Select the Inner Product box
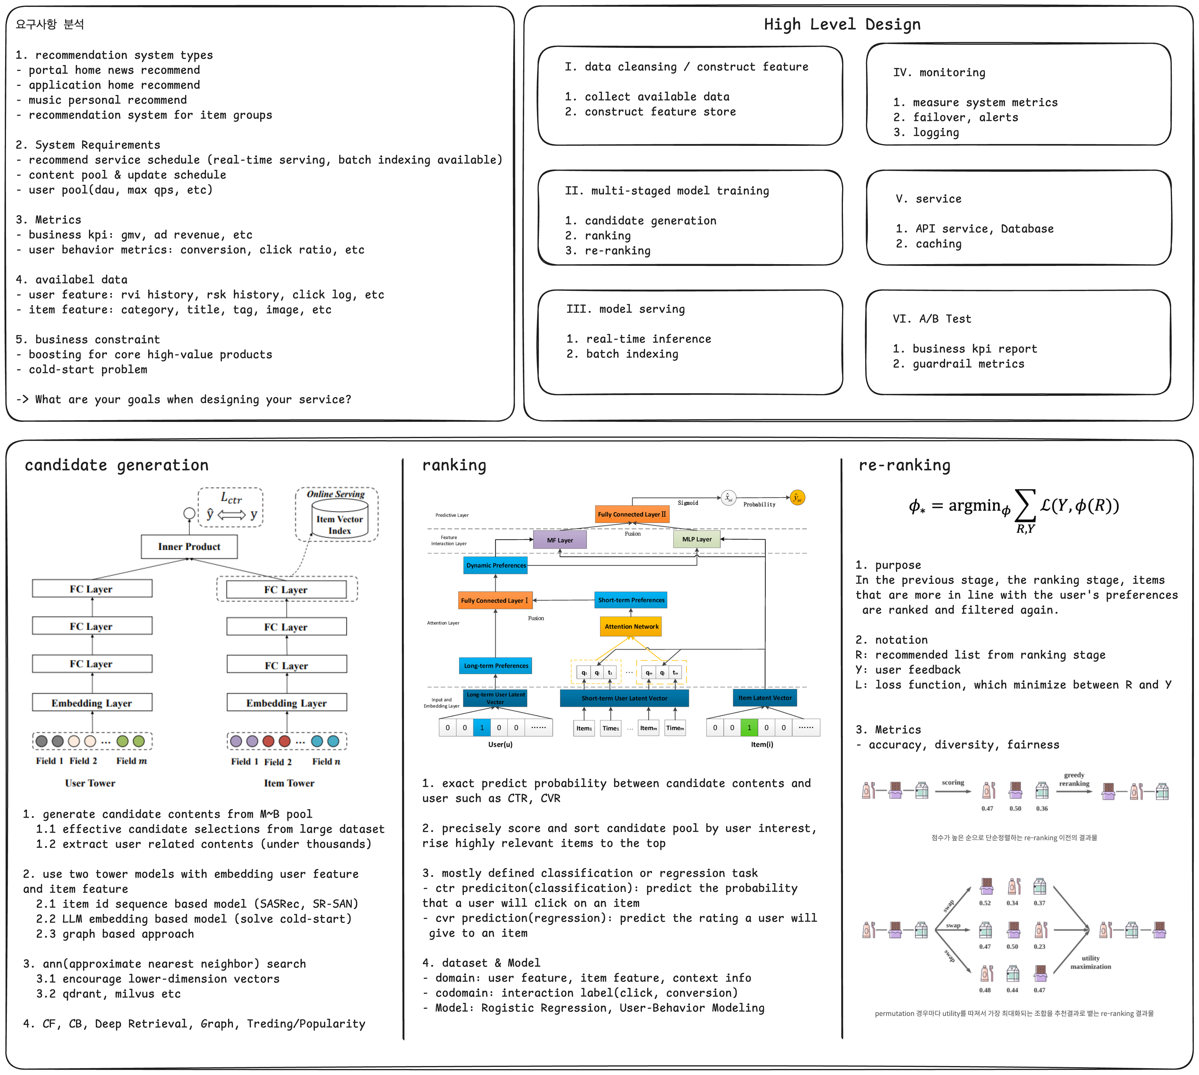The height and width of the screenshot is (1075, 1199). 189,546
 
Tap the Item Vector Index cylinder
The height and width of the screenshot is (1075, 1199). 340,520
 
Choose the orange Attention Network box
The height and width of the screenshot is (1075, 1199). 631,626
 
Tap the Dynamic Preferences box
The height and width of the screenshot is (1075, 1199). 496,565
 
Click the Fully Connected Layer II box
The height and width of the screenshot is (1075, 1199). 632,514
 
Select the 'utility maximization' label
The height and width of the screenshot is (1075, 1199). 1090,962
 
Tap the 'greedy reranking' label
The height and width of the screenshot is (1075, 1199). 1074,779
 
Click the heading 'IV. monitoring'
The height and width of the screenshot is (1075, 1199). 939,73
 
